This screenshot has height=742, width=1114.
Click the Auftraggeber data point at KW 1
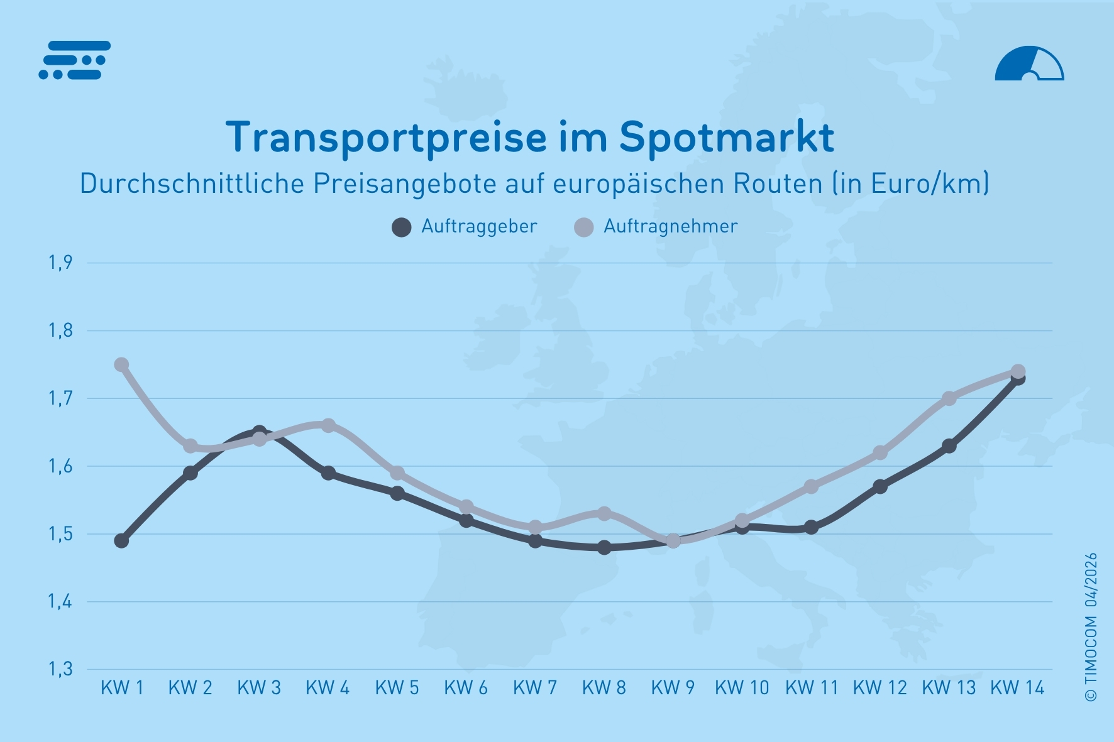pos(121,540)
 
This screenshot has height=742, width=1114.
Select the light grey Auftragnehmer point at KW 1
pos(121,364)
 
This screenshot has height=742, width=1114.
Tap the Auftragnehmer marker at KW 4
pos(328,425)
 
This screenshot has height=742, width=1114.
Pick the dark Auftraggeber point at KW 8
pos(604,547)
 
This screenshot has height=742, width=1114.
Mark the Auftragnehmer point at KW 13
pos(949,398)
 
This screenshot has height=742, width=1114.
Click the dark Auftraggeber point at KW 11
pos(811,527)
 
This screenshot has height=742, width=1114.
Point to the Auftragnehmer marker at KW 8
pos(604,513)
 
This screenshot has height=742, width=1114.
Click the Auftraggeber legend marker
pos(401,227)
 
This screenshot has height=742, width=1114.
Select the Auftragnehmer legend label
pos(670,226)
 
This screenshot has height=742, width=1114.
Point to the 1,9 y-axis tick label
pos(61,263)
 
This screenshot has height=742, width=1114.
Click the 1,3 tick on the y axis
pos(61,669)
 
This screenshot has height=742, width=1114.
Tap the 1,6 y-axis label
pos(61,466)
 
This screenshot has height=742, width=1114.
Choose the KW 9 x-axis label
pos(673,688)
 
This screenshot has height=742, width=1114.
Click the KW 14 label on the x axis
pos(1017,688)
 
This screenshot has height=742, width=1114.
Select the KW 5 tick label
pos(397,688)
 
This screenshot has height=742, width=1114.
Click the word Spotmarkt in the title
pos(726,137)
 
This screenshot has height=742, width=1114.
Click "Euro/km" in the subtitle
pos(927,183)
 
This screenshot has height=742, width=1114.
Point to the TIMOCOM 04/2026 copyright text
pos(1091,626)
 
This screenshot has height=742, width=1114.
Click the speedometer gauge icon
pos(1029,64)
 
